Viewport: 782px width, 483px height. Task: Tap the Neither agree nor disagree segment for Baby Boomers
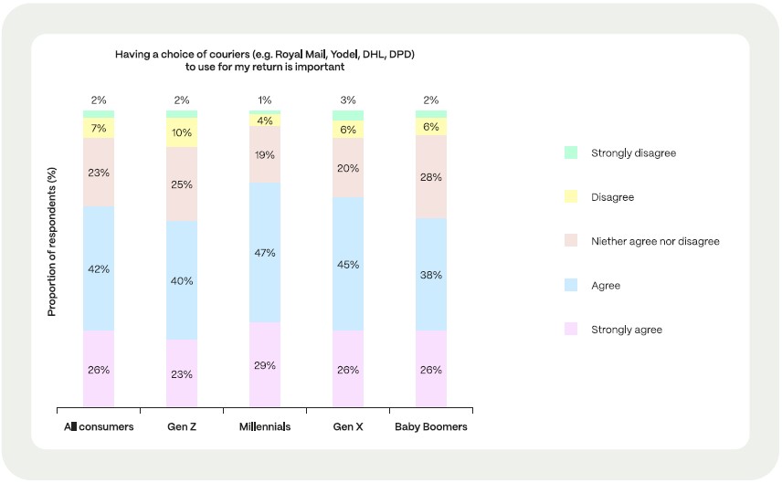(x=431, y=177)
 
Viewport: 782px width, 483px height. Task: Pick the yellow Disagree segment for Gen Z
(x=182, y=132)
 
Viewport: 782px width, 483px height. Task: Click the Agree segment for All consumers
(x=99, y=268)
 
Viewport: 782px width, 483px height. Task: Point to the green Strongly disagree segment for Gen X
(x=348, y=116)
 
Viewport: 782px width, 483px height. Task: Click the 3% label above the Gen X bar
(x=348, y=100)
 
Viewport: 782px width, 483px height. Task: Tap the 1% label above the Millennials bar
(x=265, y=100)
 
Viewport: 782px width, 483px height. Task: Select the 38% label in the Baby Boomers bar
(x=431, y=273)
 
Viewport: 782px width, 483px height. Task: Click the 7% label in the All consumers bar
(x=99, y=129)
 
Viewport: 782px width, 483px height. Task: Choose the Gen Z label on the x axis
(x=182, y=426)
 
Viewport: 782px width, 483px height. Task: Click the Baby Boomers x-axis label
(x=431, y=426)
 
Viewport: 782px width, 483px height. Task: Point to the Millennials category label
(x=265, y=426)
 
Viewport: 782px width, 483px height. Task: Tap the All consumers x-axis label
(x=99, y=426)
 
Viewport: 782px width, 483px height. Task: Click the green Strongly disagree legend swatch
(x=571, y=152)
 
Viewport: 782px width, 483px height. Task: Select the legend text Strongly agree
(x=627, y=330)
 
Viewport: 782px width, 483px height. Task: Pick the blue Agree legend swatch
(x=571, y=286)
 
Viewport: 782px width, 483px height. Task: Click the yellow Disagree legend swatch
(x=571, y=197)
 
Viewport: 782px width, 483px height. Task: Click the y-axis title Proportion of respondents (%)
(x=52, y=241)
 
